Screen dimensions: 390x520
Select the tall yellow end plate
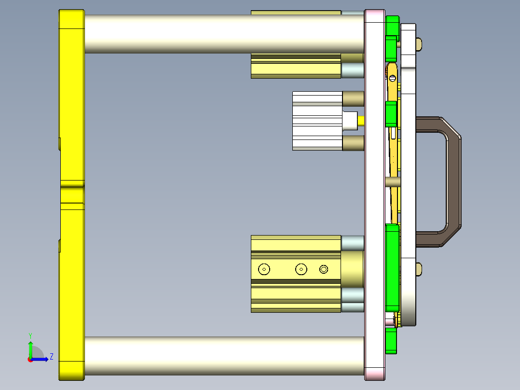point(71,193)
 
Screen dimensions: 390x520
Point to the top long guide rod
point(222,33)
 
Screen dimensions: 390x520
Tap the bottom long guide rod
point(222,356)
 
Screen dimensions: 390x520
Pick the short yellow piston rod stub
point(361,120)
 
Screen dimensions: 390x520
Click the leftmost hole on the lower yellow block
point(264,269)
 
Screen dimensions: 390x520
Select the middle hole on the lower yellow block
point(301,269)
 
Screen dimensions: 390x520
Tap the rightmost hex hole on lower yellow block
point(324,269)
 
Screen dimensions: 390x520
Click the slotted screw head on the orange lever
point(393,78)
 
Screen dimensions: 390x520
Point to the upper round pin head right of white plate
point(419,44)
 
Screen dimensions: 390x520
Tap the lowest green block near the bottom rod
point(391,341)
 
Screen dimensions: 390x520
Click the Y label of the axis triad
point(30,334)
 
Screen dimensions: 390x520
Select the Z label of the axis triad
point(51,357)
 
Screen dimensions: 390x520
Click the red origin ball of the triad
point(30,359)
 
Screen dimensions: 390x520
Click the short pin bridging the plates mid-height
point(393,182)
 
